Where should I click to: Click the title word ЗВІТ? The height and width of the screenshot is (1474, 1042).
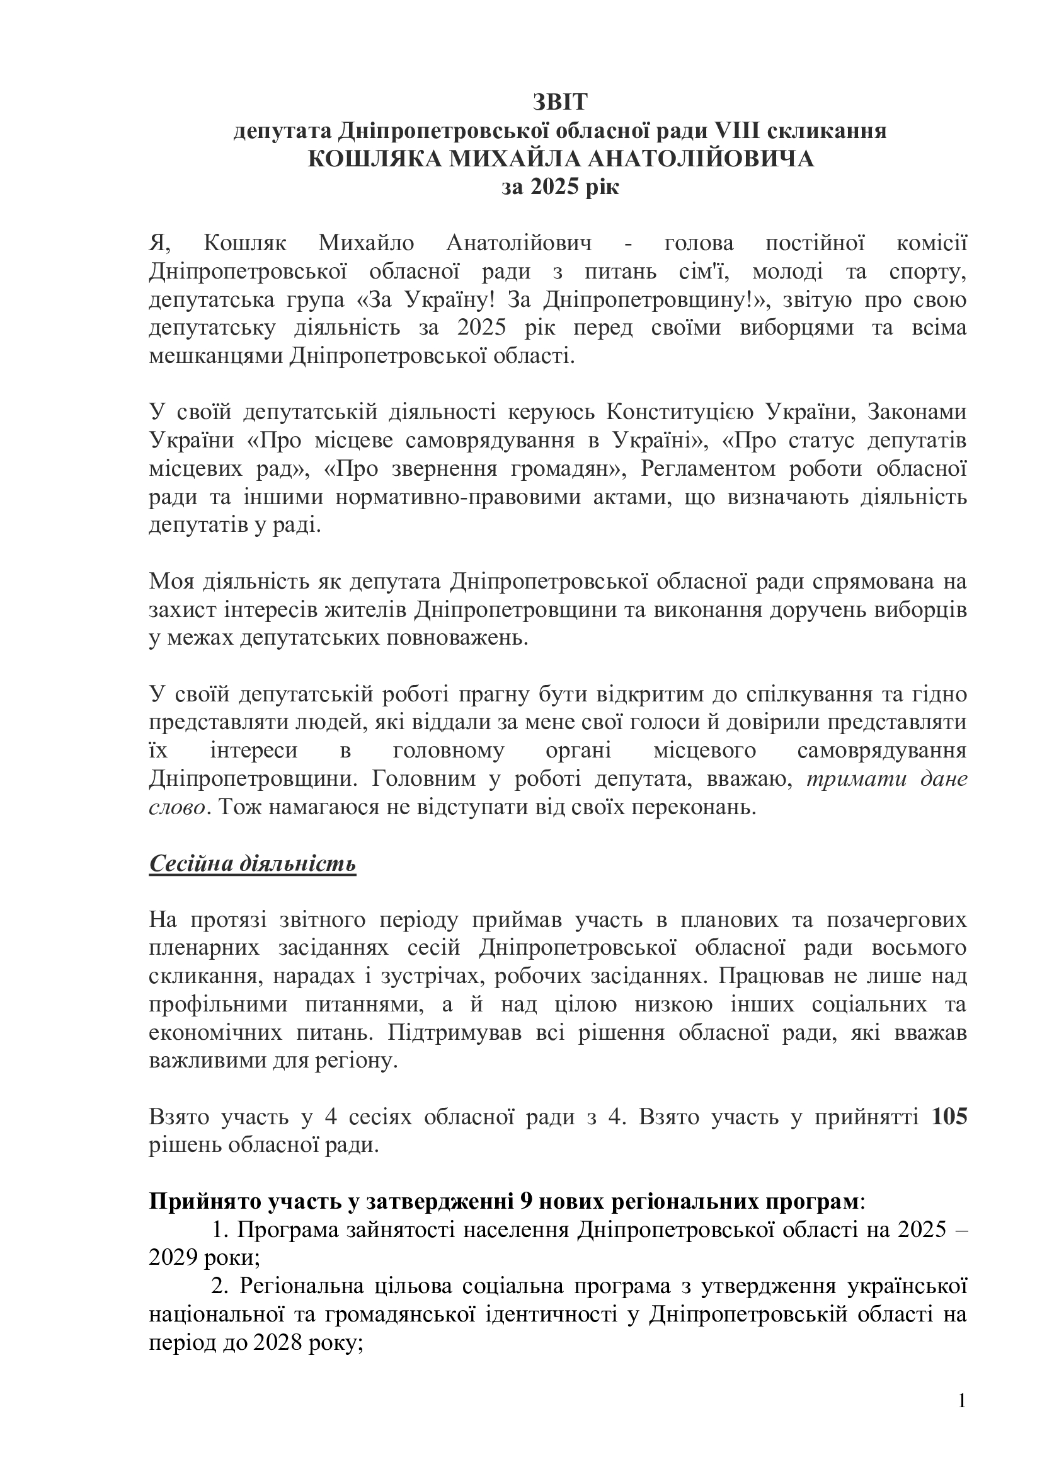(559, 103)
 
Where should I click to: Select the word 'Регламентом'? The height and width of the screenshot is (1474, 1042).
(705, 469)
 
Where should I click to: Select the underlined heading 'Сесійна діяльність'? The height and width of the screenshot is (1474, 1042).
(252, 864)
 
